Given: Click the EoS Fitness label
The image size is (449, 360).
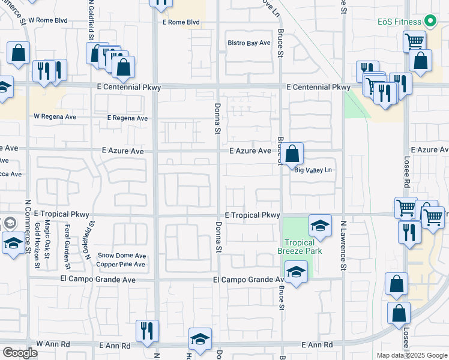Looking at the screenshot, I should (400, 22).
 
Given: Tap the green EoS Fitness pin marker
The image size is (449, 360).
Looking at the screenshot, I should (430, 22).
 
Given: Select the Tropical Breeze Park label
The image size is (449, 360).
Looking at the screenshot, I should (300, 247).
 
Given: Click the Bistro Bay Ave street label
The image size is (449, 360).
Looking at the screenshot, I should (249, 43).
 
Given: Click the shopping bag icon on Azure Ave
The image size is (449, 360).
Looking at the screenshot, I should (292, 154).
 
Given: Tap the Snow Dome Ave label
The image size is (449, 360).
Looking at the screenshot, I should (122, 256).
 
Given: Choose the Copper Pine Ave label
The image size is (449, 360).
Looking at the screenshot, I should (121, 264).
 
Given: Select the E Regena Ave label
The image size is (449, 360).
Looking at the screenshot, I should (127, 118).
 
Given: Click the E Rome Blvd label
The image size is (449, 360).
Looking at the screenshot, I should (181, 23).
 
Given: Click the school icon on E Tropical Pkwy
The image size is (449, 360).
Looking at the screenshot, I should (321, 226).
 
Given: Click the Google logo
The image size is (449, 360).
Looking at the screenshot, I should (20, 353).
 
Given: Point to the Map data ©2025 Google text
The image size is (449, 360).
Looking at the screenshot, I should (412, 355).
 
